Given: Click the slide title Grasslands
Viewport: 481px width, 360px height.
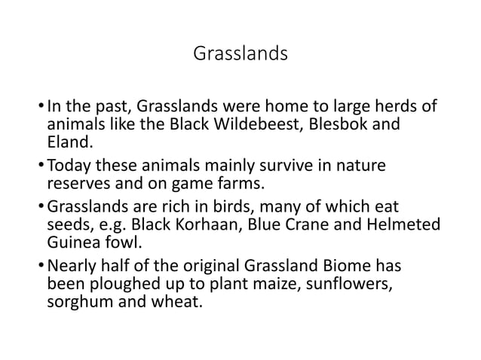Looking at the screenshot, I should [240, 54].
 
